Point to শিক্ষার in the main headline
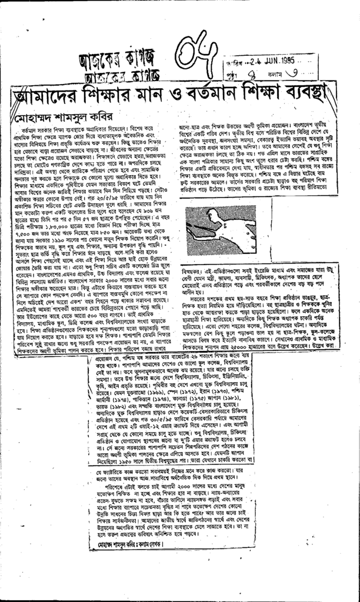[x=111, y=95]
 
